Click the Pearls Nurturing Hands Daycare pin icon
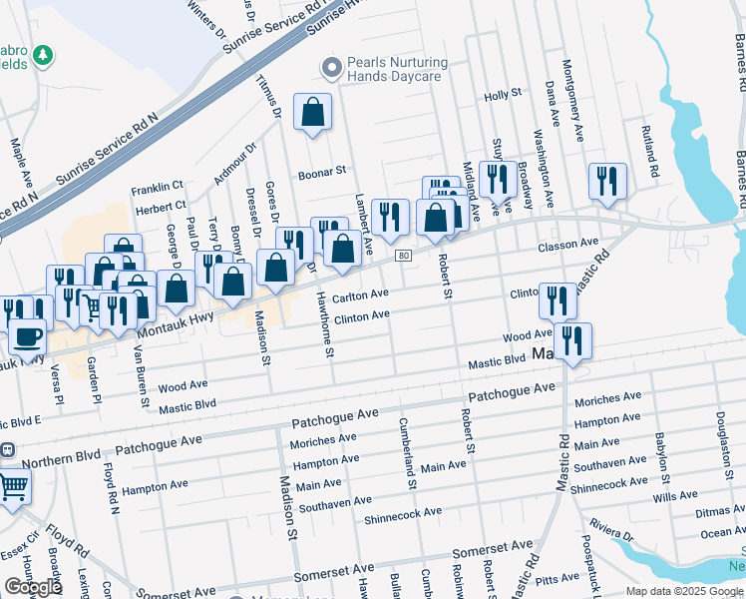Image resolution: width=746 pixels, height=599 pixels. pyautogui.click(x=331, y=68)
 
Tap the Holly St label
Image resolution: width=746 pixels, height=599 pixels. pyautogui.click(x=503, y=94)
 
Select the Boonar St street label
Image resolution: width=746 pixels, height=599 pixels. pyautogui.click(x=321, y=172)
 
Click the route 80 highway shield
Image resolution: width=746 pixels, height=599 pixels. pyautogui.click(x=403, y=256)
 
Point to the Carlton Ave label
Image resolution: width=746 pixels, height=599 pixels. pyautogui.click(x=360, y=296)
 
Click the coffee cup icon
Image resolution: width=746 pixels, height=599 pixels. pyautogui.click(x=27, y=336)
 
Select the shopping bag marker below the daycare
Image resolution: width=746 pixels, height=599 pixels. pyautogui.click(x=313, y=113)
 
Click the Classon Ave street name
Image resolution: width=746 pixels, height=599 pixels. pyautogui.click(x=567, y=244)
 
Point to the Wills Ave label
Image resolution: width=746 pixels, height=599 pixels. pyautogui.click(x=675, y=495)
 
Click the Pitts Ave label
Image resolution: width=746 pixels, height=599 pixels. pyautogui.click(x=558, y=578)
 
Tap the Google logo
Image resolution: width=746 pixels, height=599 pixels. pyautogui.click(x=33, y=587)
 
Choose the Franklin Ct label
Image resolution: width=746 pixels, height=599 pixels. pyautogui.click(x=158, y=186)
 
